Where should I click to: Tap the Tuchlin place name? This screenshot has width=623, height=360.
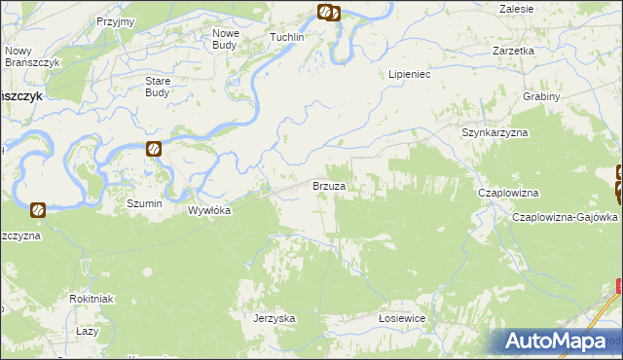[287, 37]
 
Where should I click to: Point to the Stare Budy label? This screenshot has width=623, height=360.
[157, 87]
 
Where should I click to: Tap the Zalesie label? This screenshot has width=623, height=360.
[516, 8]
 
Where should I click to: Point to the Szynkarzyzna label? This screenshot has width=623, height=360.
[494, 131]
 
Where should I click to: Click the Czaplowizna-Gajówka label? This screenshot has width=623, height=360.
[565, 217]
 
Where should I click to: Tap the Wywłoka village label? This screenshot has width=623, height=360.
[208, 209]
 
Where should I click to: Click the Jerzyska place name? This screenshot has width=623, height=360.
[274, 318]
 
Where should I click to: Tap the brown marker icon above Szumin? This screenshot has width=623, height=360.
[154, 149]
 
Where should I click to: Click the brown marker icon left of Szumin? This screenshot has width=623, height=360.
[37, 208]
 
